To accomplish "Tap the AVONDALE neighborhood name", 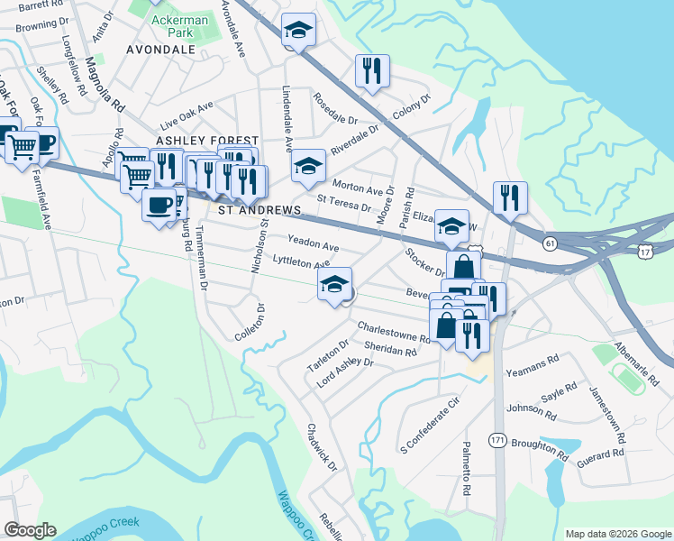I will coord(161,50).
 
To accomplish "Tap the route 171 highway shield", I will coord(497,439).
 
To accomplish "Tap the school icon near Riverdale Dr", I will coord(308,166).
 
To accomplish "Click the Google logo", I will coord(30,530).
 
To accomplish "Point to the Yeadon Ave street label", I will coord(313,245).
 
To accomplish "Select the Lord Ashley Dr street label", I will coord(344,373).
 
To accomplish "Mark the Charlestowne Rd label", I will coord(394,331).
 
